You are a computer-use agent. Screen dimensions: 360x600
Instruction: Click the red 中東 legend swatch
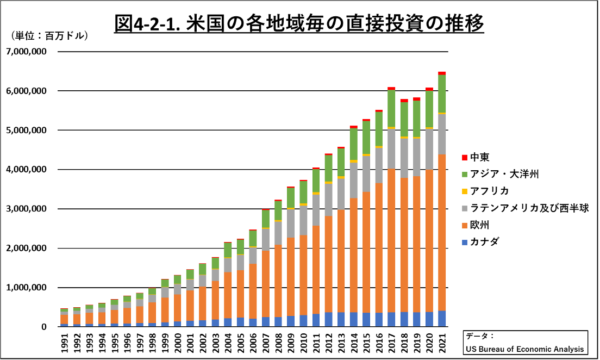pos(464,158)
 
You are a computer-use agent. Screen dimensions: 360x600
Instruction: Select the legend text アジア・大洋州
pos(504,174)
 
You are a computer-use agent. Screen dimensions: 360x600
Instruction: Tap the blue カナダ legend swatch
pos(464,241)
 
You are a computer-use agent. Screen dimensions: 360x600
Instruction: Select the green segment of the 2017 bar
pos(391,109)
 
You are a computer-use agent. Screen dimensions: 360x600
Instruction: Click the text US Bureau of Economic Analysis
pos(524,349)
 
